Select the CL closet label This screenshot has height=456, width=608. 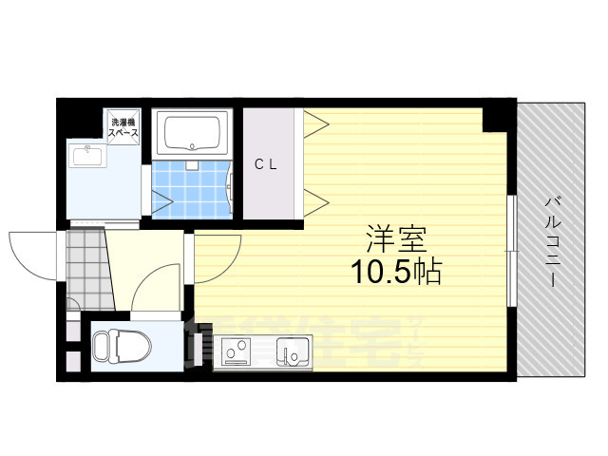[x=265, y=163]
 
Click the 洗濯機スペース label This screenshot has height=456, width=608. [x=124, y=127]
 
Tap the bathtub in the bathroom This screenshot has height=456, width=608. [x=195, y=133]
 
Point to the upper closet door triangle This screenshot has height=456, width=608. [x=315, y=122]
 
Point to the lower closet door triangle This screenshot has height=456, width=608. [x=315, y=200]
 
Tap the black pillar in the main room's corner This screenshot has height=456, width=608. [x=495, y=120]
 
